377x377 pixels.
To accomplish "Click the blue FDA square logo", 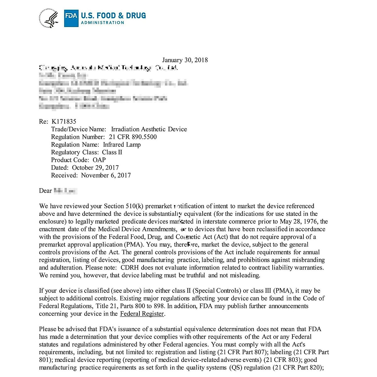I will pyautogui.click(x=71, y=18).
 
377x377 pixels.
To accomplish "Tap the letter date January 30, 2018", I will pyautogui.click(x=185, y=60).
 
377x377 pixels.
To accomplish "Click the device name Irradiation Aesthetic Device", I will pyautogui.click(x=149, y=129).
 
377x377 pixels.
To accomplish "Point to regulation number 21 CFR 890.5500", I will pyautogui.click(x=133, y=137).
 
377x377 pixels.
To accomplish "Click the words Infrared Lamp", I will pyautogui.click(x=122, y=145).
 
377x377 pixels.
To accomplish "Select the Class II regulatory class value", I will pyautogui.click(x=112, y=152).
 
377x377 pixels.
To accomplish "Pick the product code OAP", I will pyautogui.click(x=99, y=160).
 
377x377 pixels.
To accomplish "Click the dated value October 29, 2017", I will pyautogui.click(x=95, y=168).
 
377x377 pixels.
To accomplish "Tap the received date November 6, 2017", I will pyautogui.click(x=106, y=175).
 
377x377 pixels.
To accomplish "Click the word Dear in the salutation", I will pyautogui.click(x=46, y=191).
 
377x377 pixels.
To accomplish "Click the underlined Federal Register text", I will pyautogui.click(x=142, y=314).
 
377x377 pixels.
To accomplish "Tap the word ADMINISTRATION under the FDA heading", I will pyautogui.click(x=102, y=23).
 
